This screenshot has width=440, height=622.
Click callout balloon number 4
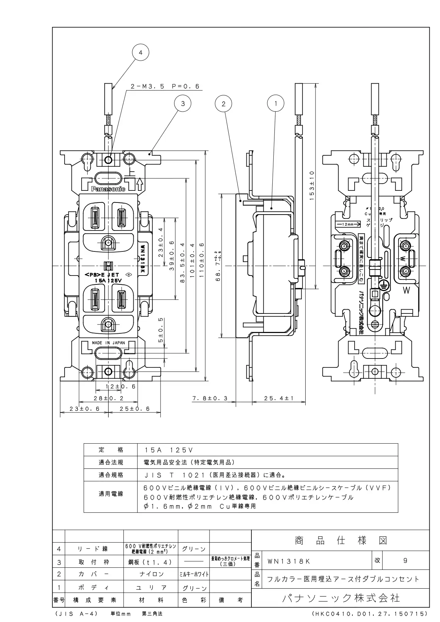(140, 52)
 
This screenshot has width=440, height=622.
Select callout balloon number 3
(183, 104)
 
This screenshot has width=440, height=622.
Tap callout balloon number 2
(223, 104)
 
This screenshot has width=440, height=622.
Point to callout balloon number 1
(275, 104)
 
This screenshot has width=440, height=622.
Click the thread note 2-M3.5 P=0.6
(165, 86)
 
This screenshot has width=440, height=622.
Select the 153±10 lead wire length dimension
(312, 185)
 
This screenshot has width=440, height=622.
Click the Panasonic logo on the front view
(108, 189)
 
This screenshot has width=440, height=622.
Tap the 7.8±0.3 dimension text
(210, 399)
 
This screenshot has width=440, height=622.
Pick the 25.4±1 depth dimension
(279, 399)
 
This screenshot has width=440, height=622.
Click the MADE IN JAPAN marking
(108, 343)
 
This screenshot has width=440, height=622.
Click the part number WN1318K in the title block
(289, 561)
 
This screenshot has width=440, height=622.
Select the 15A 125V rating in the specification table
(168, 450)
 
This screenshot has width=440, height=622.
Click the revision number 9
(405, 561)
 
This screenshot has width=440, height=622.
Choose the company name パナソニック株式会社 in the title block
(341, 598)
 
